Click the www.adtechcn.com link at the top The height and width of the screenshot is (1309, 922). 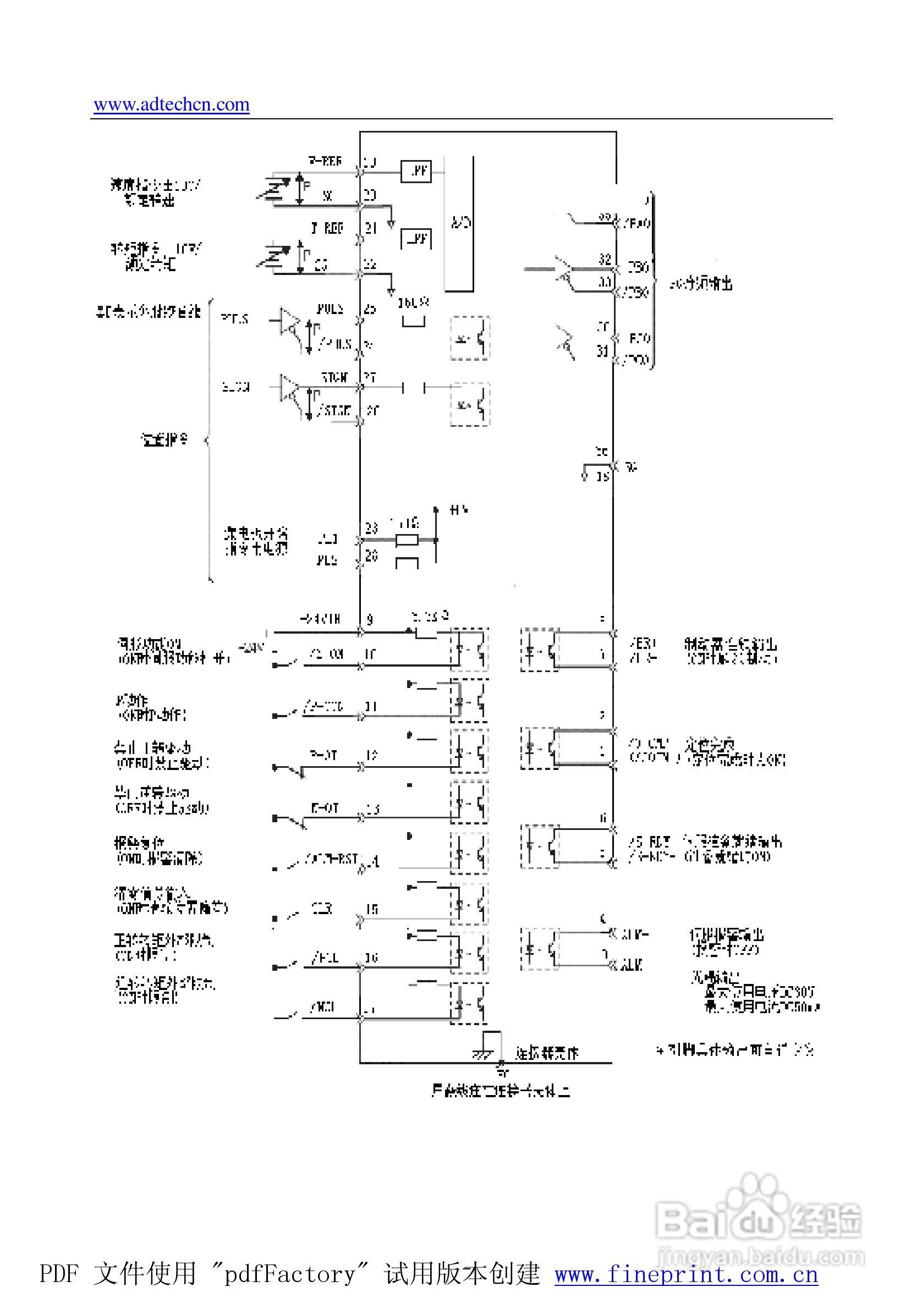point(171,105)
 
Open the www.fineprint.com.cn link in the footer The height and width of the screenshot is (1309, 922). point(686,1274)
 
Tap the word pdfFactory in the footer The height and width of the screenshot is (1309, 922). point(290,1274)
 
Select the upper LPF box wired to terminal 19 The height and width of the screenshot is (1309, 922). point(416,170)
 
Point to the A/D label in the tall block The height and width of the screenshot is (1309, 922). point(459,222)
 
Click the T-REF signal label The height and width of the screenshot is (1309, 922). point(327,228)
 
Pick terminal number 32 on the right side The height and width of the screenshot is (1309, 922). point(605,259)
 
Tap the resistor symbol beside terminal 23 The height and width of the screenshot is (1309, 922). point(407,540)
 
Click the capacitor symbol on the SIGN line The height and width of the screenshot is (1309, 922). point(413,388)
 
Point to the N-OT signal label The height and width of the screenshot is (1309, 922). point(325,807)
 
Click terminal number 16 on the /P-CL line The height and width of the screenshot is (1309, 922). point(372,958)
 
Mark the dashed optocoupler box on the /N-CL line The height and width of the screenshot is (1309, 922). point(469,1003)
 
